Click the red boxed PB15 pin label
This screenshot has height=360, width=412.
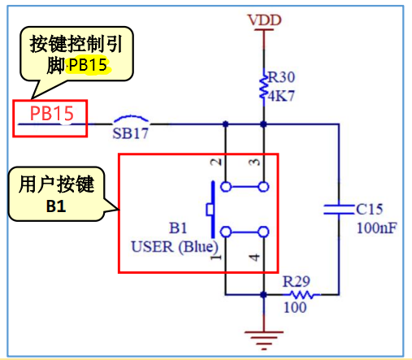click(x=51, y=114)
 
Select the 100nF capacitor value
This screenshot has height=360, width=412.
click(x=376, y=228)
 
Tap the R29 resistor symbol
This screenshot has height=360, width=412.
click(x=301, y=294)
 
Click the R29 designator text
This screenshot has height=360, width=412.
click(x=297, y=281)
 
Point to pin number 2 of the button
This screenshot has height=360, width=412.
click(x=215, y=163)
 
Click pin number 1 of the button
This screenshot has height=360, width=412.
click(x=215, y=259)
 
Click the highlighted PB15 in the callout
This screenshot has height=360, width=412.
click(x=87, y=66)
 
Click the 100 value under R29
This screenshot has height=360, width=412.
click(x=295, y=309)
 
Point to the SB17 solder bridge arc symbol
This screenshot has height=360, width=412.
click(x=131, y=119)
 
